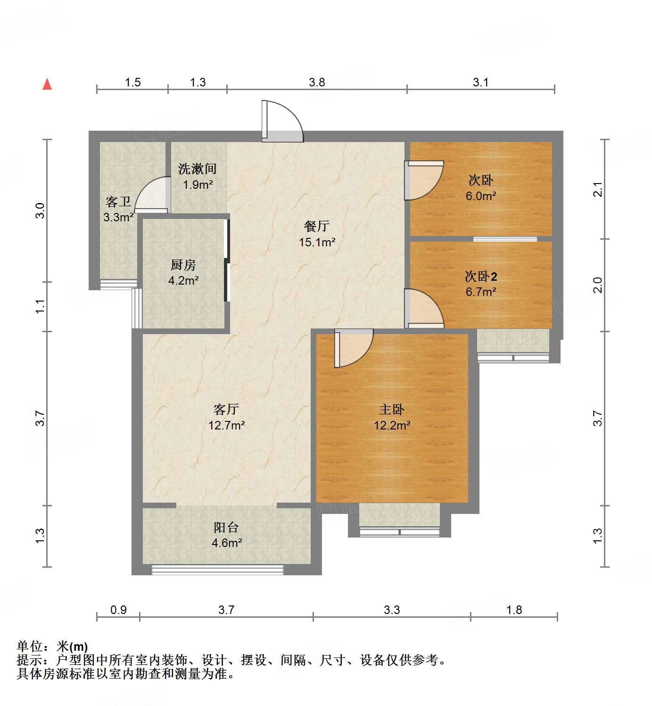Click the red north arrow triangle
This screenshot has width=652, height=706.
[47, 84]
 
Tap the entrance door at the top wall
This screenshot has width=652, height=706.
[281, 121]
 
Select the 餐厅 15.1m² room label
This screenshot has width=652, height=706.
[317, 234]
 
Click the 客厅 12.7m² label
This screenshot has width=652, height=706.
[226, 417]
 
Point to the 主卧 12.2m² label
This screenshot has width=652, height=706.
[392, 417]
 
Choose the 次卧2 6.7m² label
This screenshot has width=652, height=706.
[481, 284]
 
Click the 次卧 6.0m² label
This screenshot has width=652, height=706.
[481, 188]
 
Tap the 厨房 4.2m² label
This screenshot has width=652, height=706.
[183, 273]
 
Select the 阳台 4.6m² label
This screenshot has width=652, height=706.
[226, 535]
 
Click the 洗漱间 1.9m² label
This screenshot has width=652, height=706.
[198, 176]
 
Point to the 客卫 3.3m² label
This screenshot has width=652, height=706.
[118, 210]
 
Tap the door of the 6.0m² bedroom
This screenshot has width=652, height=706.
[423, 180]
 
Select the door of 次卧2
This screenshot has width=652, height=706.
[423, 309]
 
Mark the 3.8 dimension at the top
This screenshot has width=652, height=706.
[317, 82]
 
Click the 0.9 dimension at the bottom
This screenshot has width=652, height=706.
[118, 610]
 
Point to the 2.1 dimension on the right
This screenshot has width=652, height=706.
[598, 189]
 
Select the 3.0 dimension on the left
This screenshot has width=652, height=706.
[40, 210]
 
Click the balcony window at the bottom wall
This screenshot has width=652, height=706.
[217, 570]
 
